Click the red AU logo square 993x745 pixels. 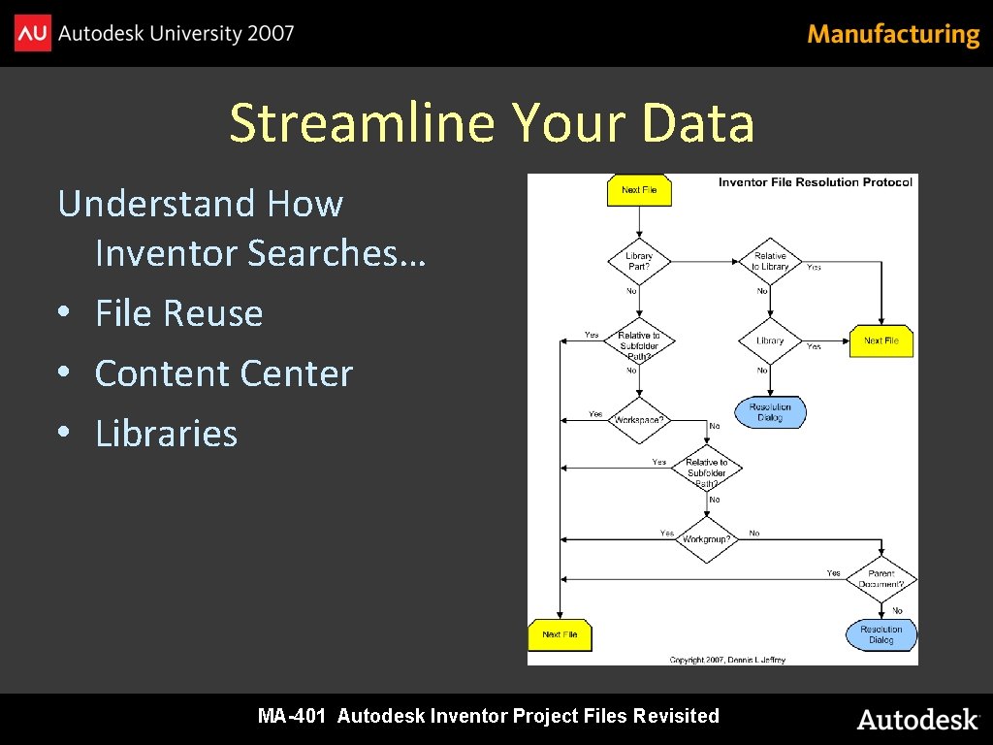pyautogui.click(x=32, y=34)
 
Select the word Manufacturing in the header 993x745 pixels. pyautogui.click(x=893, y=35)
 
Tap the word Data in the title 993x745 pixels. pyautogui.click(x=697, y=123)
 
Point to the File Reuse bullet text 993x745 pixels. pyautogui.click(x=179, y=313)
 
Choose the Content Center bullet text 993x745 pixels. pyautogui.click(x=224, y=373)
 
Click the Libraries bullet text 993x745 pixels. pyautogui.click(x=166, y=434)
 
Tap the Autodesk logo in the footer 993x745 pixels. pyautogui.click(x=917, y=719)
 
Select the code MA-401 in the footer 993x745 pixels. pyautogui.click(x=291, y=717)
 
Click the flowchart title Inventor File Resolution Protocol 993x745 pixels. pyautogui.click(x=815, y=182)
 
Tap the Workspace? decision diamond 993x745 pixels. pyautogui.click(x=639, y=420)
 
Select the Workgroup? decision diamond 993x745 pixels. pyautogui.click(x=706, y=539)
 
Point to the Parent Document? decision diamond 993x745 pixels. pyautogui.click(x=881, y=579)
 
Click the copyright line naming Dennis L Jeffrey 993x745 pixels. pyautogui.click(x=727, y=660)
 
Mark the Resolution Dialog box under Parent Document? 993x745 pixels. pyautogui.click(x=881, y=634)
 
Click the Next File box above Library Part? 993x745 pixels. pyautogui.click(x=639, y=190)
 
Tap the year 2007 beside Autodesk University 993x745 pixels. pyautogui.click(x=271, y=34)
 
